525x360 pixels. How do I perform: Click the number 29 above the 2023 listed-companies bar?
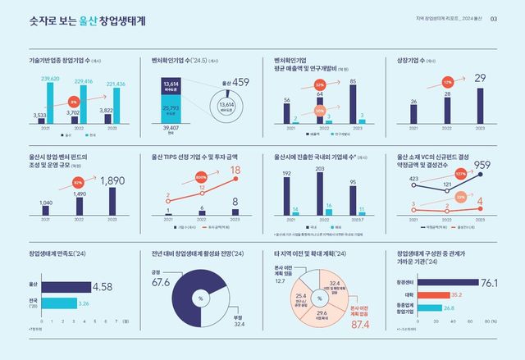pyautogui.click(x=481, y=78)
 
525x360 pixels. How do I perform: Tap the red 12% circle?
pyautogui.click(x=448, y=83)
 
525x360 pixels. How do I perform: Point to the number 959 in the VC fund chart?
pyautogui.click(x=482, y=166)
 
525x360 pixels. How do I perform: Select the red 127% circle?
pyautogui.click(x=461, y=174)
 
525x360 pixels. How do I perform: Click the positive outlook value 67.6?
pyautogui.click(x=161, y=283)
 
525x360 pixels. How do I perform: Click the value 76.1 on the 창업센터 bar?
pyautogui.click(x=489, y=283)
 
